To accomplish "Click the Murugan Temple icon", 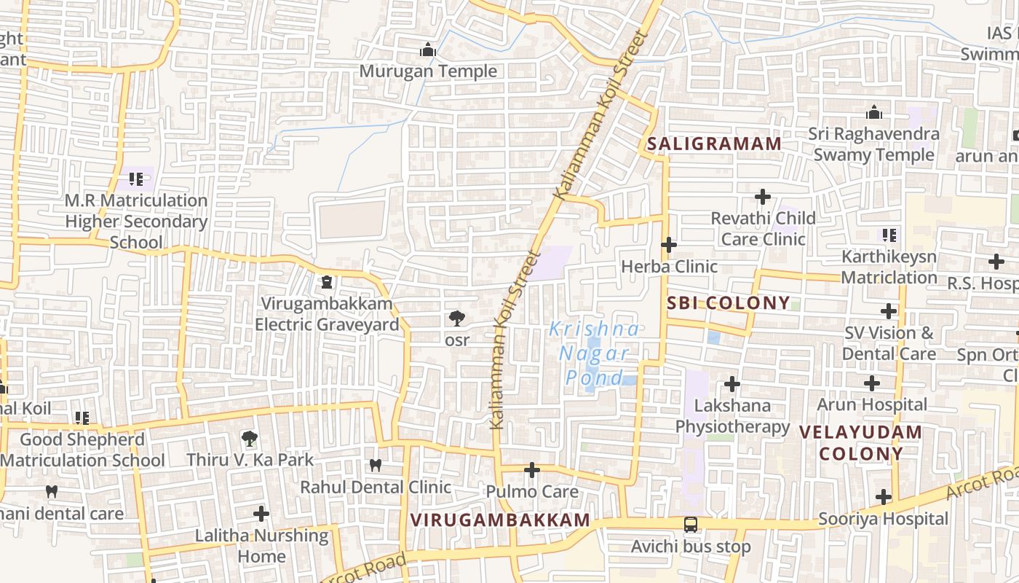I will click(x=428, y=50).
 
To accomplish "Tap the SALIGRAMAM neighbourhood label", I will click(x=714, y=144).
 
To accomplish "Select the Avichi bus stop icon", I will click(x=690, y=524).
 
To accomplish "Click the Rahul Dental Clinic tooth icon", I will click(x=376, y=464).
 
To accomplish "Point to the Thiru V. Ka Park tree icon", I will click(x=250, y=438).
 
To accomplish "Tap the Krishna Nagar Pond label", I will click(x=595, y=353).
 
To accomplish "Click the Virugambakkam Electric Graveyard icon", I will click(x=327, y=281).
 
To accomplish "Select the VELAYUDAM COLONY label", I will click(x=860, y=442).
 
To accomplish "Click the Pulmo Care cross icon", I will click(x=532, y=470).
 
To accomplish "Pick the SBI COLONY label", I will click(x=728, y=303).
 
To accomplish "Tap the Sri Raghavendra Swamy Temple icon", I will click(x=874, y=112).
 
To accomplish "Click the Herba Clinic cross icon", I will click(x=669, y=245).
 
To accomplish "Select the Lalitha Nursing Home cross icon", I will click(x=261, y=514).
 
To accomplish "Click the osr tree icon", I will click(x=457, y=318).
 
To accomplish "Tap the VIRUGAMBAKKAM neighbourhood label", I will click(x=500, y=520).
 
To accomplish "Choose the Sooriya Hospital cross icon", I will click(x=884, y=497).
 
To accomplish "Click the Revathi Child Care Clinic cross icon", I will click(x=763, y=196).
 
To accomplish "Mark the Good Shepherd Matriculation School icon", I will click(x=82, y=418).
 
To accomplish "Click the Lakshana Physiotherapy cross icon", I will click(x=732, y=383).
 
